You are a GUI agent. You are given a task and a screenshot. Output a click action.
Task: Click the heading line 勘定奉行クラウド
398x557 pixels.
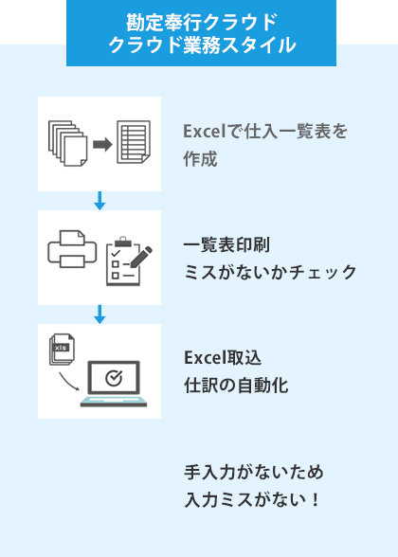(x=201, y=21)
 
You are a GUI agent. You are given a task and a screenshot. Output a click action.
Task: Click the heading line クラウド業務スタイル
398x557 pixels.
(x=201, y=45)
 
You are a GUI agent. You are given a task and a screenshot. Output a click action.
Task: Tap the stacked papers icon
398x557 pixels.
(x=66, y=143)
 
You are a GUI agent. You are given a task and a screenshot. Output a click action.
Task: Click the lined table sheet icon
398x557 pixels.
(x=134, y=143)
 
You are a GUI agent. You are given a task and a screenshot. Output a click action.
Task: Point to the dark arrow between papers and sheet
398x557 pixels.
(x=102, y=144)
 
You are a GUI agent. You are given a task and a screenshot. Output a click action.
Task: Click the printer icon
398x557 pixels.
(x=71, y=251)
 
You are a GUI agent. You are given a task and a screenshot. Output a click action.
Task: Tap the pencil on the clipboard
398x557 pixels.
(x=140, y=253)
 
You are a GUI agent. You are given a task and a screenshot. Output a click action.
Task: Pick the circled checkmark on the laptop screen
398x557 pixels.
(x=113, y=378)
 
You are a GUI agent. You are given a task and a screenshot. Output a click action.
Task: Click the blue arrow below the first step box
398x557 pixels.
(x=99, y=201)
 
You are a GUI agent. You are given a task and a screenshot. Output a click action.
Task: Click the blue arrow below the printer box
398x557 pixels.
(x=99, y=314)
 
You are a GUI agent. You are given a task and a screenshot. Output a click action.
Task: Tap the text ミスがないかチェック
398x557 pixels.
(x=270, y=273)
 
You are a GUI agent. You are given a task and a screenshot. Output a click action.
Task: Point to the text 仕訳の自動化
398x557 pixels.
(x=236, y=386)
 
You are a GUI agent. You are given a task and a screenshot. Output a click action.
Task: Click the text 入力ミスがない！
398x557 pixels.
(x=253, y=496)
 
